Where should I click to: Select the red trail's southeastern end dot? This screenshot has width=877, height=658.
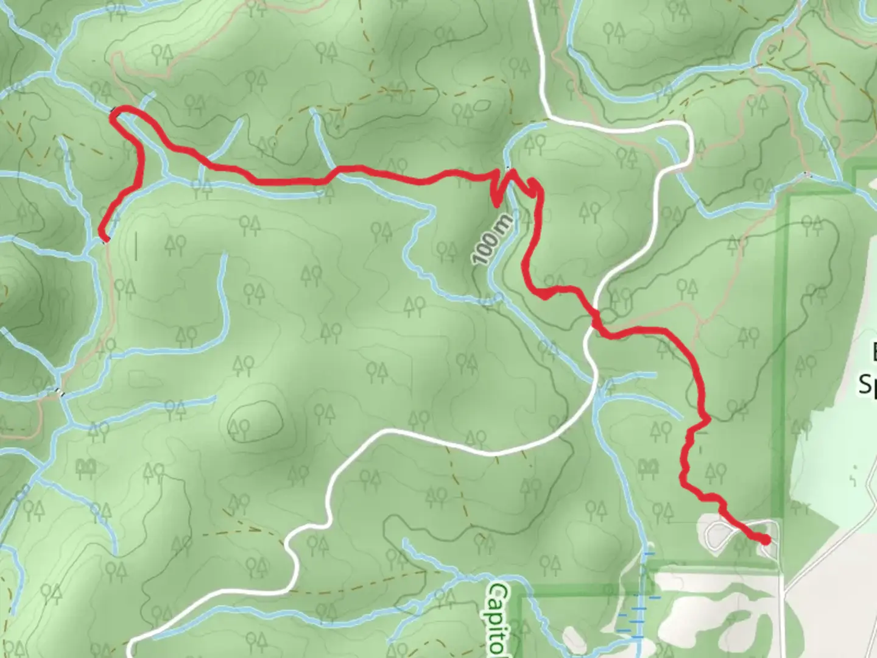tap(765, 539)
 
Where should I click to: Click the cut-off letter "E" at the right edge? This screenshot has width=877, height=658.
tap(872, 352)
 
